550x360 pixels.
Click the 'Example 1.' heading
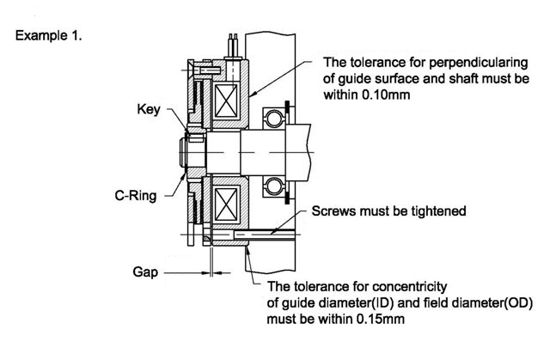pos(48,36)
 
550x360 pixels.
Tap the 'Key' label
pos(149,109)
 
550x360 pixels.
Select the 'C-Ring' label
pos(136,196)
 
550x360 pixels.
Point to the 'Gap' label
pos(145,272)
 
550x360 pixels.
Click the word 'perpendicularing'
pos(479,63)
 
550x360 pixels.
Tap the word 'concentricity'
pos(409,287)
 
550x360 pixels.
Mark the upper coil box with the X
pos(226,101)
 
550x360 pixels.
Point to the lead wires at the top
pos(233,46)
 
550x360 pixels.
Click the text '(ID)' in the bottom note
pos(383,303)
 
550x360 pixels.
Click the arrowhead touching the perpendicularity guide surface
pos(254,94)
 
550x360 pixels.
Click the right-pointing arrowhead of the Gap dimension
pos(205,272)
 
